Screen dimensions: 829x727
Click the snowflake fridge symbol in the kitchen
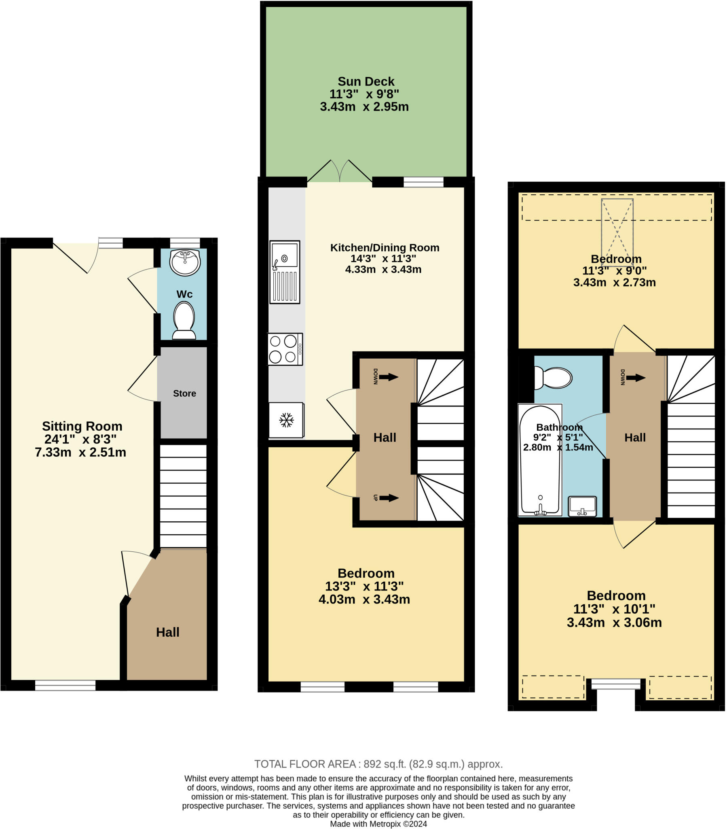(x=286, y=420)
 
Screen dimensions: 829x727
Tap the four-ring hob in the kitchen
(x=285, y=349)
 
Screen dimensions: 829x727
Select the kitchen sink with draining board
(x=285, y=272)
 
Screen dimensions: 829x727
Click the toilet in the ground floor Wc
(x=184, y=320)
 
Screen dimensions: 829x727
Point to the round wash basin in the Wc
(x=185, y=262)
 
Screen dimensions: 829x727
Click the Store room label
(x=184, y=393)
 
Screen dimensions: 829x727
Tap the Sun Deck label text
(x=366, y=81)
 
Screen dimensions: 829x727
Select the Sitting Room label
(x=82, y=426)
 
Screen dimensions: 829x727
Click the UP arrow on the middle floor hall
(x=388, y=497)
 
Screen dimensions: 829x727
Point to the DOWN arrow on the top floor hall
(x=635, y=378)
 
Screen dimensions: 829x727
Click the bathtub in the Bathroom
(x=539, y=460)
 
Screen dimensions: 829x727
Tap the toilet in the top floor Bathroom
(x=553, y=378)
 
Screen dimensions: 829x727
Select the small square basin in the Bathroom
(x=582, y=506)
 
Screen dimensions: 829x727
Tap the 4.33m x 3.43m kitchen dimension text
(x=383, y=269)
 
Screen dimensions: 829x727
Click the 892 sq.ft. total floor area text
(x=378, y=764)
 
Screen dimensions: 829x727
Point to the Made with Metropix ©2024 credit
(x=378, y=824)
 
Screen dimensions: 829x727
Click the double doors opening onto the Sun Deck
(x=340, y=172)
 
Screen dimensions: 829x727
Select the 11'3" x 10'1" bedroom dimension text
(x=614, y=609)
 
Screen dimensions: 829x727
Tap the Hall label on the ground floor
(x=167, y=632)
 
